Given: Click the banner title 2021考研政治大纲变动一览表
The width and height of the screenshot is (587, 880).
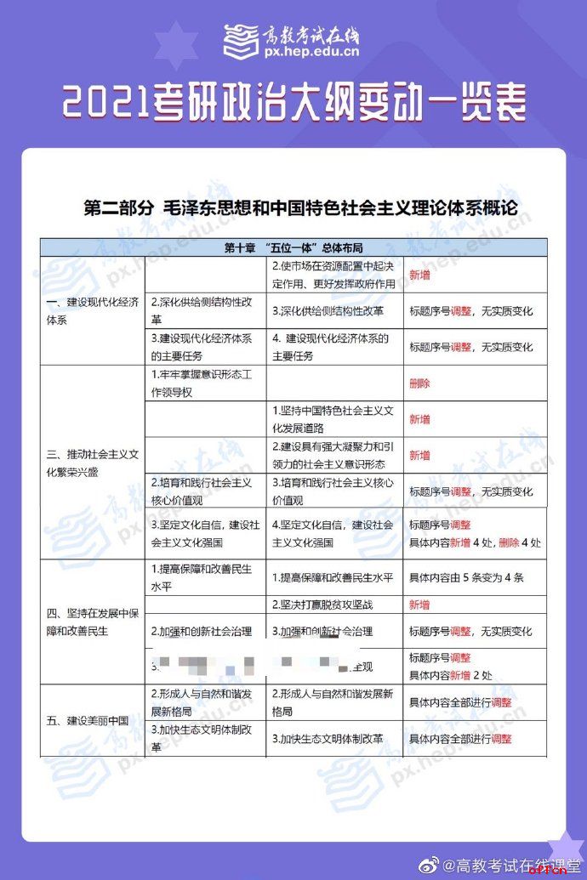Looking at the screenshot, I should pyautogui.click(x=293, y=102).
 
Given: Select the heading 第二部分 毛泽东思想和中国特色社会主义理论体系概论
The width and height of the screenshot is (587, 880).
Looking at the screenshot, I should pyautogui.click(x=300, y=208).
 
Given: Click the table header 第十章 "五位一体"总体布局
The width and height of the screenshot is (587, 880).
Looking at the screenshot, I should pyautogui.click(x=293, y=248).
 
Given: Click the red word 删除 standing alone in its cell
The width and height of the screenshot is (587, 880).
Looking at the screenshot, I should pyautogui.click(x=419, y=383).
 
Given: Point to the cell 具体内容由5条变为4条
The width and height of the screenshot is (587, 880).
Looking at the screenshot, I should pyautogui.click(x=466, y=577).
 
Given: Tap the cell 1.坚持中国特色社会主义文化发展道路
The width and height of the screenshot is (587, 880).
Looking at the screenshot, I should pyautogui.click(x=333, y=418).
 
